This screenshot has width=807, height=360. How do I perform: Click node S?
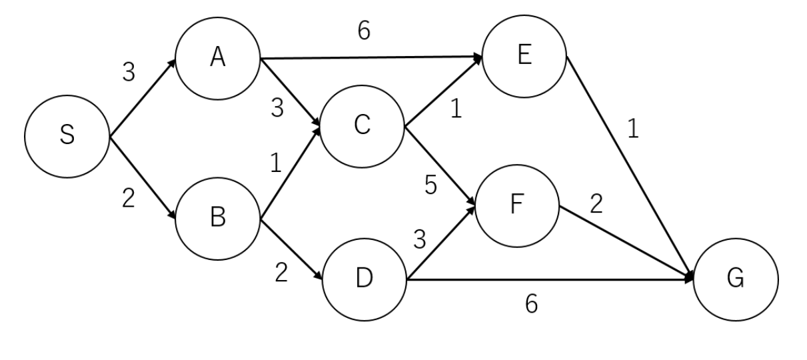[x=67, y=138]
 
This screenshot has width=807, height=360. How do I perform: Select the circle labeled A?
[x=217, y=58]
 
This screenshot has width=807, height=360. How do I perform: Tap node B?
[x=217, y=217]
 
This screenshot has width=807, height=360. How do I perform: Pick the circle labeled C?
[x=363, y=127]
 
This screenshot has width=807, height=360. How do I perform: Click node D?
[x=364, y=279]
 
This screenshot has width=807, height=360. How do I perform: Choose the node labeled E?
[x=524, y=56]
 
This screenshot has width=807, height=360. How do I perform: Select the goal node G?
[x=736, y=279]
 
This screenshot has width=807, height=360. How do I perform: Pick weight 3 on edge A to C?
[x=277, y=109]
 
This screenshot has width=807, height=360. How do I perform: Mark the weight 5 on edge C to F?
[x=431, y=187]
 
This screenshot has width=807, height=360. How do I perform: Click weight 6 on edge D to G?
[x=531, y=304]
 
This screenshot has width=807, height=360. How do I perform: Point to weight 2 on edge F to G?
[x=596, y=204]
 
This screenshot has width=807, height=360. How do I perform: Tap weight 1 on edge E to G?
[x=633, y=130]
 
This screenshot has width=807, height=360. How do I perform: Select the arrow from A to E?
[x=371, y=58]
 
